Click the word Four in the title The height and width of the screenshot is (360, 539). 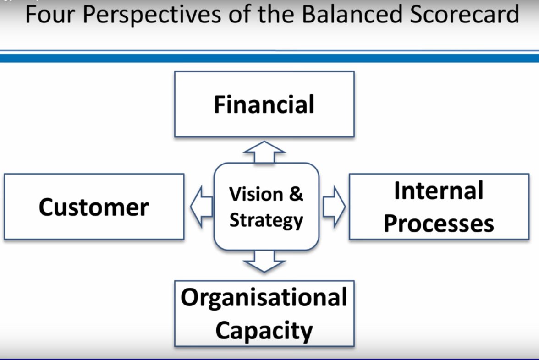[50, 15]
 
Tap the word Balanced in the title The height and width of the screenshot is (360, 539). [352, 15]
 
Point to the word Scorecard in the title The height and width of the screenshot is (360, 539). [464, 15]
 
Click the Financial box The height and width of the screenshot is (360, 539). [264, 104]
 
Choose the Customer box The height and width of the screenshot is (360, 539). [94, 207]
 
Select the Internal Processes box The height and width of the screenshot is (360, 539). [439, 207]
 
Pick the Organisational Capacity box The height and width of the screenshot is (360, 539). [264, 313]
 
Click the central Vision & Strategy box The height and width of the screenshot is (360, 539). [266, 207]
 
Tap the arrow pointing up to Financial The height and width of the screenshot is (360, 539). [264, 152]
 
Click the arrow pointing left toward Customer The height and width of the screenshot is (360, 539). [202, 207]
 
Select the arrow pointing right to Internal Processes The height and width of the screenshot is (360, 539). [334, 207]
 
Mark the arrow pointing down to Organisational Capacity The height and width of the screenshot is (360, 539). [264, 261]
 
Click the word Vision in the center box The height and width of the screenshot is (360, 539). [256, 194]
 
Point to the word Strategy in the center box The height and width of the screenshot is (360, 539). [266, 221]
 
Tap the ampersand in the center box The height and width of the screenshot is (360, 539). [296, 194]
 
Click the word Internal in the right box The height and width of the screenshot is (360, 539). [439, 191]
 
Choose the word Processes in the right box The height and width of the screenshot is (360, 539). [439, 224]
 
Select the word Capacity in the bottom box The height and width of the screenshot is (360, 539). [264, 331]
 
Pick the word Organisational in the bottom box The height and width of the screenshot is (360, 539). [264, 298]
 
